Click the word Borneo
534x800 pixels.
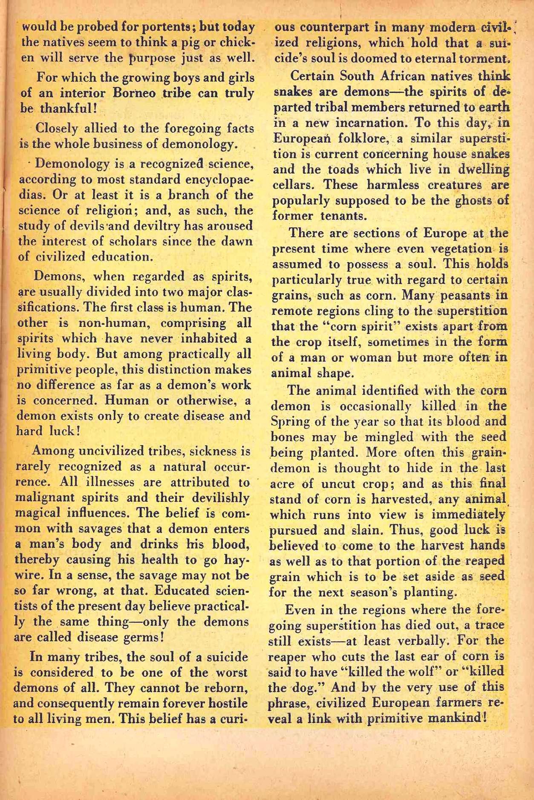[141, 93]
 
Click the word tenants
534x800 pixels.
[344, 215]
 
